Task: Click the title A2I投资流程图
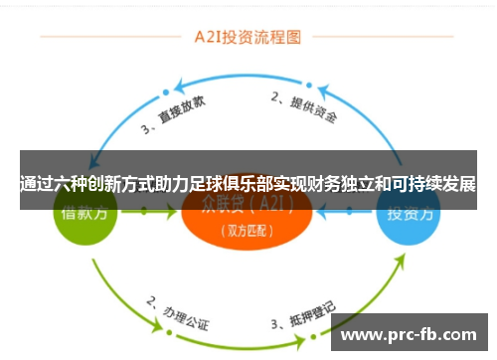click(x=248, y=40)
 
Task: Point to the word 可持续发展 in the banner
click(x=433, y=184)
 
